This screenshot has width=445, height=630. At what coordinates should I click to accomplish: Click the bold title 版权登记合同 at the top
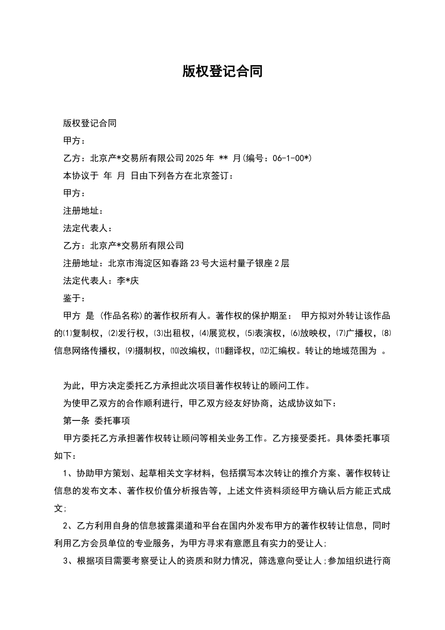(222, 71)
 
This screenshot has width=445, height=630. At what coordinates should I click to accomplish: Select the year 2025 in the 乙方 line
(195, 158)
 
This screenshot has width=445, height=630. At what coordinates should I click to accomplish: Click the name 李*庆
(128, 281)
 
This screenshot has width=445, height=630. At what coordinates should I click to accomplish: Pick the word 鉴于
(72, 299)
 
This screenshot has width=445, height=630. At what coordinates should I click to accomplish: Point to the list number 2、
(69, 526)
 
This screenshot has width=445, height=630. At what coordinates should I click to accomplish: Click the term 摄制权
(149, 351)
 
